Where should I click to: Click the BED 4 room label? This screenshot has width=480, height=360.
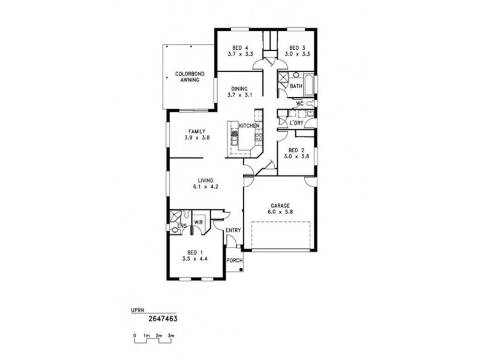(239, 48)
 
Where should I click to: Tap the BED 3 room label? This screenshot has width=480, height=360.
(298, 48)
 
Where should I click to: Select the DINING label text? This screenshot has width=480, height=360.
(239, 88)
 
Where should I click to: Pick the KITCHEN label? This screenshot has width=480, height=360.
(249, 126)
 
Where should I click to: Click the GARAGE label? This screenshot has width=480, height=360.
(280, 206)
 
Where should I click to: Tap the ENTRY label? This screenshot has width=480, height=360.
(233, 230)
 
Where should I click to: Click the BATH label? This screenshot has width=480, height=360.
(296, 86)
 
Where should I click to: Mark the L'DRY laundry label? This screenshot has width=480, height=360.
(296, 123)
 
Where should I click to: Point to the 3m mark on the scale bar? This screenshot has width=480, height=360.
(172, 335)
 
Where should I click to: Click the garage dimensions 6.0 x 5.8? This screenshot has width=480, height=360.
(280, 211)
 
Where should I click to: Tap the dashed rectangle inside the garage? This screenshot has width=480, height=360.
(280, 235)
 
